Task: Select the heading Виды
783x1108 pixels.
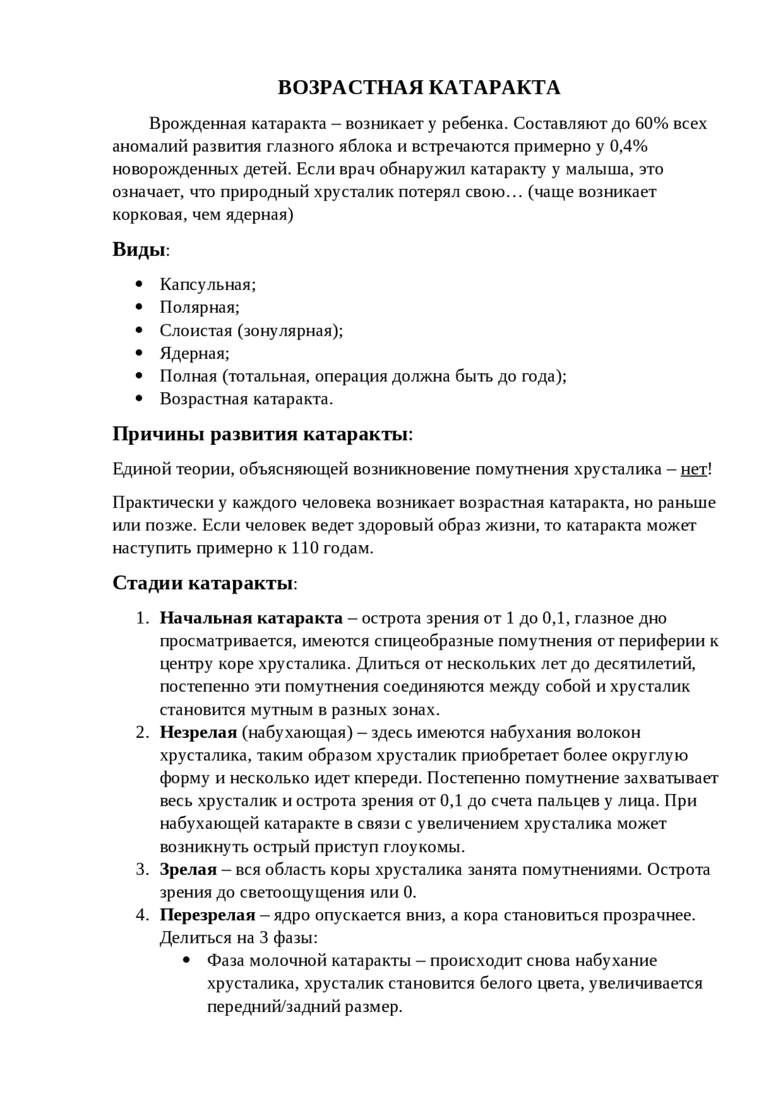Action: click(x=139, y=250)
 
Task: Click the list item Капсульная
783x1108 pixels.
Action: click(x=207, y=284)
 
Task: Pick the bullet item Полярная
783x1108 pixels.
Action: click(x=199, y=307)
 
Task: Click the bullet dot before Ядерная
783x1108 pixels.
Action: click(x=139, y=353)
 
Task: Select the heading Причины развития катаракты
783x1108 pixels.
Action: click(x=261, y=434)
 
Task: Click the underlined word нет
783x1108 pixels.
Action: click(x=693, y=469)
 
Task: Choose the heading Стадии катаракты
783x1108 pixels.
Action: click(x=202, y=583)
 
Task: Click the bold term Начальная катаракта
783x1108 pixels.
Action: click(x=251, y=618)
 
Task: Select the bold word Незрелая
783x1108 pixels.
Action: click(x=198, y=732)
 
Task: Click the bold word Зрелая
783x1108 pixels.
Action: click(x=188, y=869)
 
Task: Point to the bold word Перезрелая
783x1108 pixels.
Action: click(x=207, y=915)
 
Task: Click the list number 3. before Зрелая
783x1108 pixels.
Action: click(x=142, y=869)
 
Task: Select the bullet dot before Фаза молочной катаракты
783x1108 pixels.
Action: click(x=188, y=961)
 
